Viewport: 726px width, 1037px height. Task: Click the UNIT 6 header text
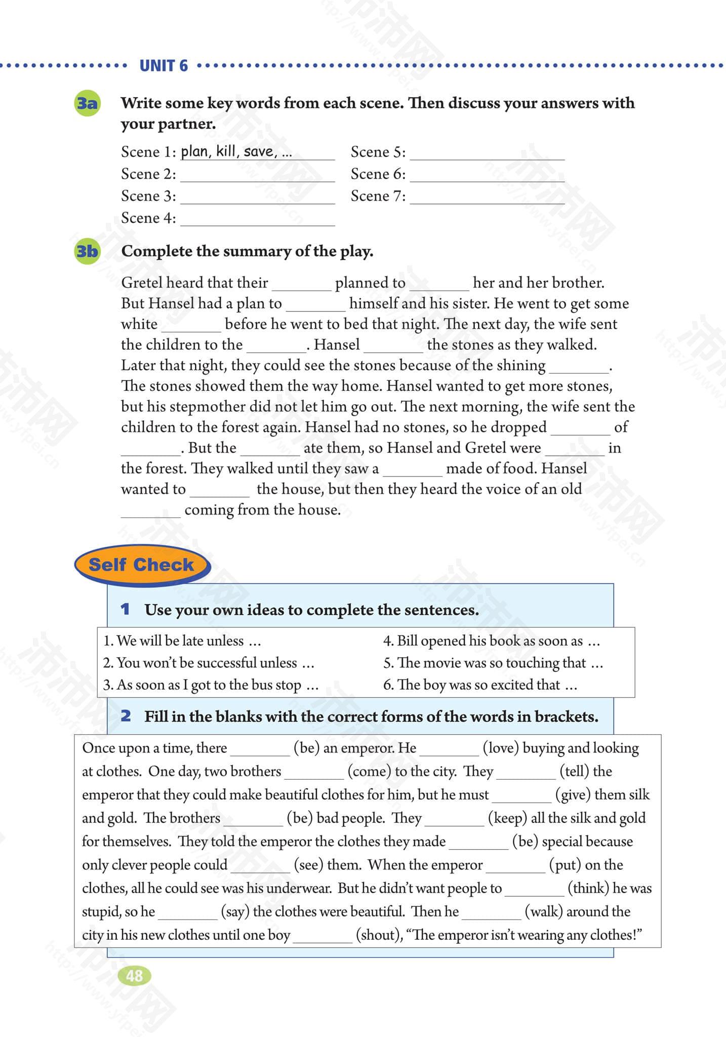(164, 66)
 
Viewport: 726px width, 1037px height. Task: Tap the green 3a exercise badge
(87, 104)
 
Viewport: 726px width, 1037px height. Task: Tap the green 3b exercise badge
(87, 251)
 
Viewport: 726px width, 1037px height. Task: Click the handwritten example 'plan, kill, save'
(236, 151)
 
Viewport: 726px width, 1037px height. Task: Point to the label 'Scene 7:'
(378, 196)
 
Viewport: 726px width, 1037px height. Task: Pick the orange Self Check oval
(142, 565)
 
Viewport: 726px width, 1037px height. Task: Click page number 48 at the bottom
(135, 975)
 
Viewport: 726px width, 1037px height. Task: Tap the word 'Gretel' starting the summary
(142, 283)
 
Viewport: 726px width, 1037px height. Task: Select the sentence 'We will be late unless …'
(182, 641)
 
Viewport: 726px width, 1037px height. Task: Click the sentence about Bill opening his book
(491, 641)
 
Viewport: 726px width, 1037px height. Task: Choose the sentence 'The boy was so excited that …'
(480, 685)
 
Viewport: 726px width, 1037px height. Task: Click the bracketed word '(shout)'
(378, 935)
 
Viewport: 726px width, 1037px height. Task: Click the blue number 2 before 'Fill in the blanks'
(126, 716)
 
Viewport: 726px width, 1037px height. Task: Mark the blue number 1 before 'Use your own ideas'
(125, 609)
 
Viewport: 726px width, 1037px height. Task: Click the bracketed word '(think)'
(588, 888)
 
